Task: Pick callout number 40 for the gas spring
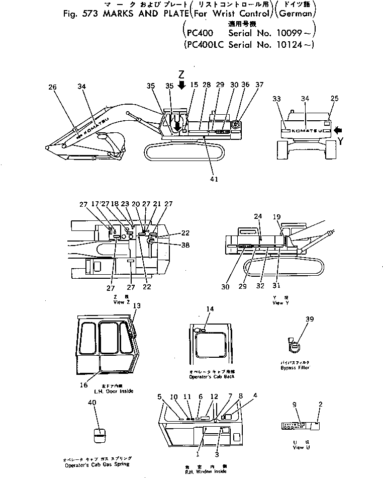click(x=91, y=403)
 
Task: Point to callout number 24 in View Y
click(x=258, y=216)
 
